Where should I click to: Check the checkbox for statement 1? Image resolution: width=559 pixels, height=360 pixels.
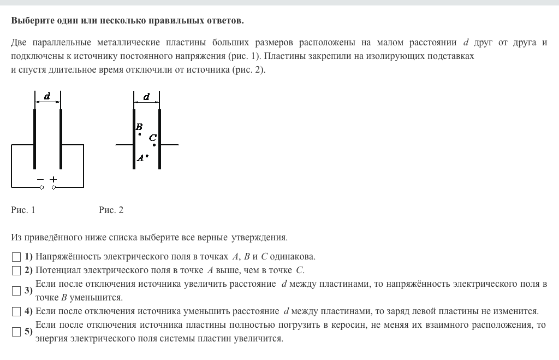pyautogui.click(x=16, y=257)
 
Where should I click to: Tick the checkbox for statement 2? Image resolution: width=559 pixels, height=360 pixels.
pyautogui.click(x=16, y=270)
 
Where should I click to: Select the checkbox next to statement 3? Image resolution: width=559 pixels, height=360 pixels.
pyautogui.click(x=16, y=291)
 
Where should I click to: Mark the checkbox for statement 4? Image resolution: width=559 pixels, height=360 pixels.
pyautogui.click(x=16, y=311)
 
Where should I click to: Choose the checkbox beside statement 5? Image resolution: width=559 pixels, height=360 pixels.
pyautogui.click(x=16, y=332)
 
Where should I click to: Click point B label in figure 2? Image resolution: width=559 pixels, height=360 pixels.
pyautogui.click(x=139, y=127)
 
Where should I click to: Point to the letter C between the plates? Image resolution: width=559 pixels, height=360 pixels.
pyautogui.click(x=152, y=138)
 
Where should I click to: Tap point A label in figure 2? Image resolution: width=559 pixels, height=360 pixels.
pyautogui.click(x=140, y=158)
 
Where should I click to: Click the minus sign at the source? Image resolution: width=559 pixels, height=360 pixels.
pyautogui.click(x=40, y=179)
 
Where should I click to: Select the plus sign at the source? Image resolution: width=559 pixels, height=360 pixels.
pyautogui.click(x=53, y=179)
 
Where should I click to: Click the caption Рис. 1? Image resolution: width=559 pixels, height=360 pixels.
pyautogui.click(x=23, y=210)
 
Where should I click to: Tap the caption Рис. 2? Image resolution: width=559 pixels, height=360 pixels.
pyautogui.click(x=111, y=210)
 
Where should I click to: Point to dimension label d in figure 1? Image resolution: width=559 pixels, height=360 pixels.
pyautogui.click(x=47, y=97)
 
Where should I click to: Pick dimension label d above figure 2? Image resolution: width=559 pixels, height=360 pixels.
pyautogui.click(x=146, y=97)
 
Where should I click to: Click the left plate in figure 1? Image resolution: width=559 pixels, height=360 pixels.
pyautogui.click(x=35, y=139)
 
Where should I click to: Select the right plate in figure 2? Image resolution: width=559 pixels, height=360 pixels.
pyautogui.click(x=160, y=139)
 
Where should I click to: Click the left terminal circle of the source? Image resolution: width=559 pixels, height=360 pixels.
pyautogui.click(x=41, y=187)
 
